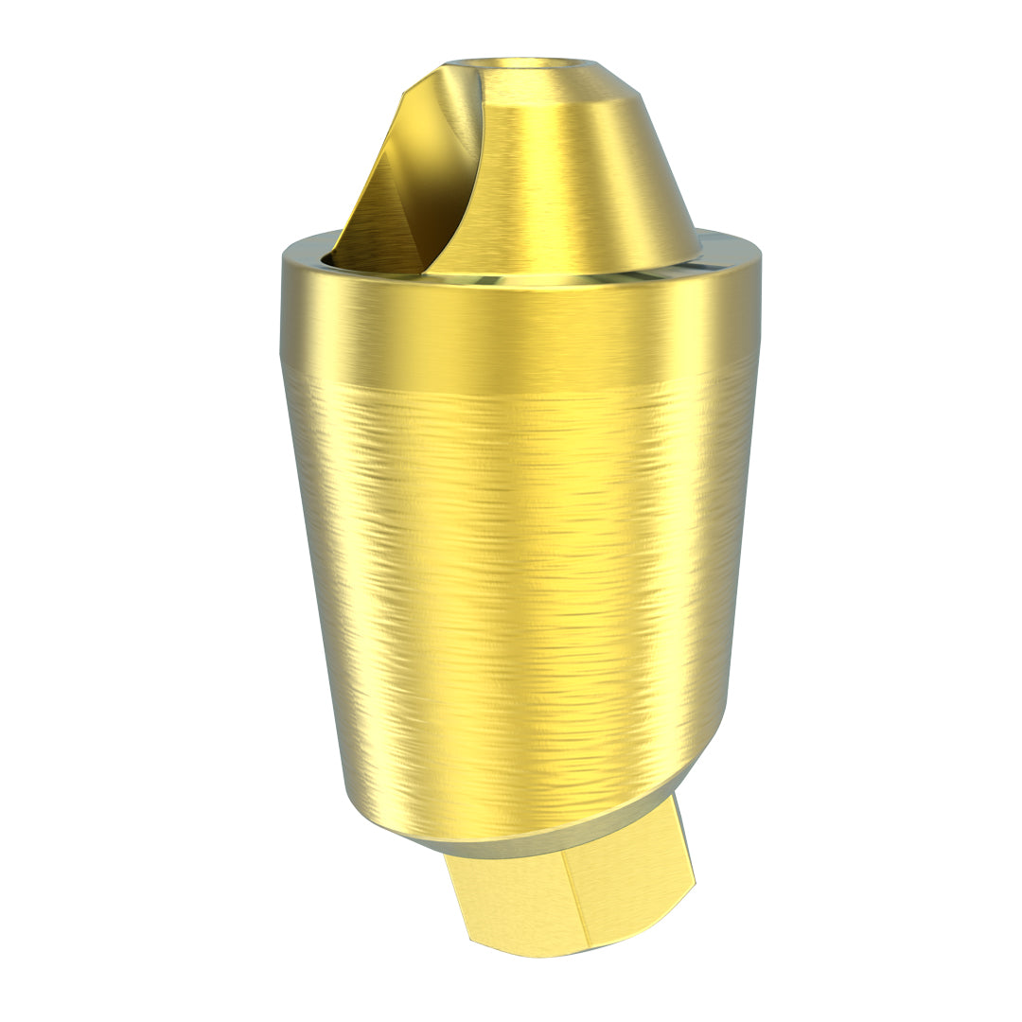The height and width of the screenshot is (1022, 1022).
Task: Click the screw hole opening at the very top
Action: pyautogui.click(x=520, y=64)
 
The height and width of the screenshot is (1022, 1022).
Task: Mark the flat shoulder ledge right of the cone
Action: pyautogui.click(x=729, y=241)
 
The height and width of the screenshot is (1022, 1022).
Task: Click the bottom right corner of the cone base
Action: pyautogui.click(x=698, y=254)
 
